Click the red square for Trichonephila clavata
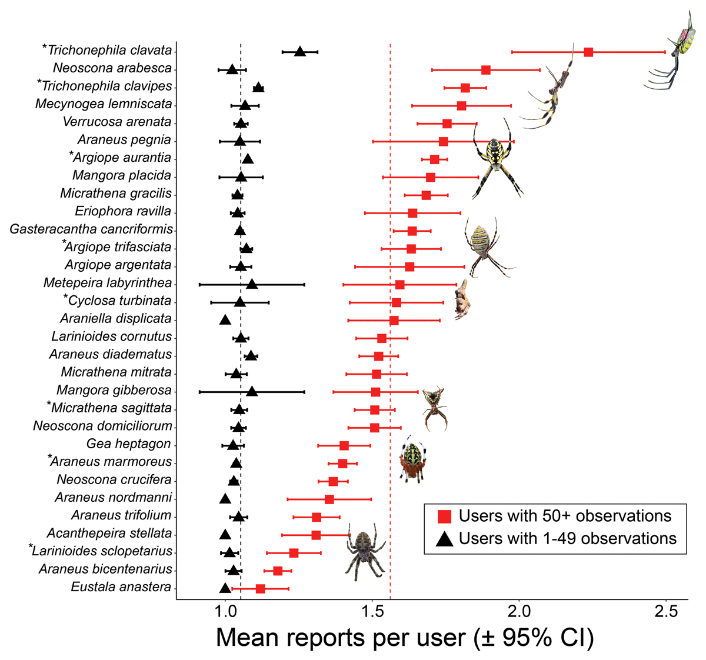pos(588,52)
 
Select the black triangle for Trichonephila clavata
pos(300,52)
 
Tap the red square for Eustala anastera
pos(260,588)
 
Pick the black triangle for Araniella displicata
pos(225,320)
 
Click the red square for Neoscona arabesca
pos(486,70)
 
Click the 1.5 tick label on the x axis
pos(372,612)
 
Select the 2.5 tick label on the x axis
pos(666,612)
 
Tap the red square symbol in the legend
pos(445,516)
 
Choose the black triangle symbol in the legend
pos(445,539)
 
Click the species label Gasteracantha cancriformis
pos(91,229)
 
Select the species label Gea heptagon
pos(128,444)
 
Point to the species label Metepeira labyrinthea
pos(108,283)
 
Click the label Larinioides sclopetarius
pos(102,551)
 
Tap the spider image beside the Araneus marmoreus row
pos(411,459)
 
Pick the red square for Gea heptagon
pos(344,445)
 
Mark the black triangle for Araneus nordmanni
pos(225,499)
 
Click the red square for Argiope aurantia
pos(434,159)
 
